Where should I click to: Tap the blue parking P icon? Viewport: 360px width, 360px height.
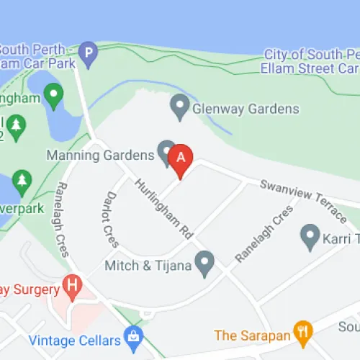(88, 53)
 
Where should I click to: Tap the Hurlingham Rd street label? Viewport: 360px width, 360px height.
(164, 210)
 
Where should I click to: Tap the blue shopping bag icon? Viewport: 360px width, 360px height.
(132, 336)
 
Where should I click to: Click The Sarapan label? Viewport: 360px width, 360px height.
(252, 335)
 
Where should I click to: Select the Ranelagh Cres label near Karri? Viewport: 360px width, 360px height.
(265, 234)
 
